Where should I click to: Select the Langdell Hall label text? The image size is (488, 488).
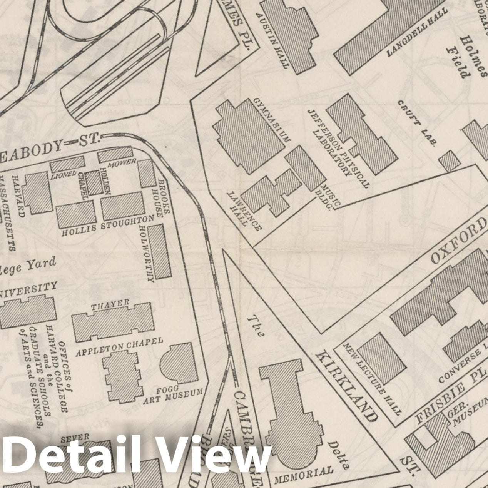click(418, 33)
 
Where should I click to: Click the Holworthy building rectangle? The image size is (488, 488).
click(160, 250)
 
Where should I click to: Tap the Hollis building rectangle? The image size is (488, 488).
click(76, 216)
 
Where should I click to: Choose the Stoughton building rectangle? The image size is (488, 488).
click(124, 208)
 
